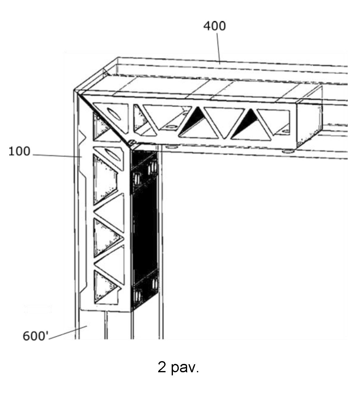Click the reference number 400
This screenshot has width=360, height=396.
(x=215, y=26)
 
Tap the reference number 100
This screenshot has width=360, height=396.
(x=19, y=151)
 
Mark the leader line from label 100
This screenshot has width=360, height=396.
(x=57, y=156)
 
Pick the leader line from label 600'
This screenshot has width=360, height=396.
(x=68, y=332)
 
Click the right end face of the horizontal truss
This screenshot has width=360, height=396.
(x=309, y=117)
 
